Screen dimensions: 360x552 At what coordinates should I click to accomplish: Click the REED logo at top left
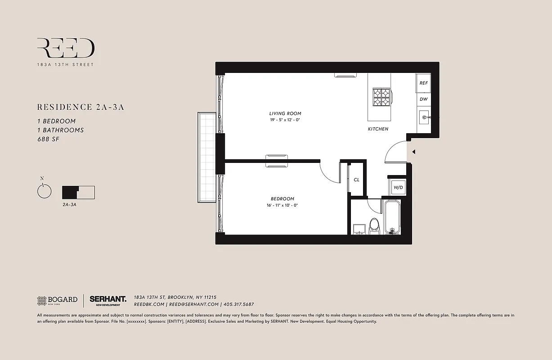(66, 48)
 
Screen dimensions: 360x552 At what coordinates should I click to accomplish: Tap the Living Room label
(285, 113)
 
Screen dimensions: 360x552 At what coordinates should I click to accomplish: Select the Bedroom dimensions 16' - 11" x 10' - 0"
(283, 205)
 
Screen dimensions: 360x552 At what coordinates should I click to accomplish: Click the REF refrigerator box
(423, 83)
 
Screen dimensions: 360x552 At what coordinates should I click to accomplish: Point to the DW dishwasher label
(423, 99)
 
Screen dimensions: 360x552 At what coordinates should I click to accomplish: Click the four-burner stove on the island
(381, 96)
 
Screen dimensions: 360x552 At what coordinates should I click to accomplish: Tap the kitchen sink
(424, 119)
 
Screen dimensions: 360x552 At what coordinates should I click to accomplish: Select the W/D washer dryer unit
(398, 187)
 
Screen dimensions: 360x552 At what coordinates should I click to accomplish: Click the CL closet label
(356, 180)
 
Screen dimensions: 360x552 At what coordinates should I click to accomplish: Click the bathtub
(392, 217)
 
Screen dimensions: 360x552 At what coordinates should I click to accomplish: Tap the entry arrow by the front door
(413, 152)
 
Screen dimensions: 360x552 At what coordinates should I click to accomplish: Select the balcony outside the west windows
(207, 157)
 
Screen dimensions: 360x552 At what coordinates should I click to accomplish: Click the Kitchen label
(378, 129)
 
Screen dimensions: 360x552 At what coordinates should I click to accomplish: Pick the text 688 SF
(48, 139)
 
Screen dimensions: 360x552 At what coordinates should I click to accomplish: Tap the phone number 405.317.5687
(239, 305)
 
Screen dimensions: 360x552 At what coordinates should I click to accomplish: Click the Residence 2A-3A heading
(81, 107)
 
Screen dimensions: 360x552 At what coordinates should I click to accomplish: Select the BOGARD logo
(57, 300)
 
